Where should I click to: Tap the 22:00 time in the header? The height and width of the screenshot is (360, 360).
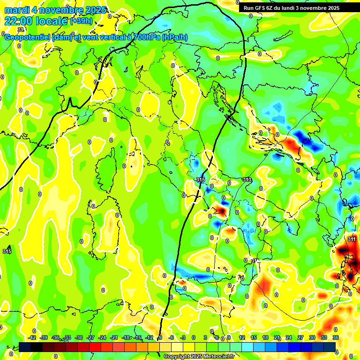coord(19,21)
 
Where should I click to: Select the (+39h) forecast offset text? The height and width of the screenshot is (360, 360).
coord(81,21)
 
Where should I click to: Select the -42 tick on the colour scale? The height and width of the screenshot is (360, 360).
coord(32,338)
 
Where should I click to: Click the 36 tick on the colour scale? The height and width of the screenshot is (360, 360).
coord(336,338)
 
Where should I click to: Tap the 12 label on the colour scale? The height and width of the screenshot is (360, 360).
coord(242,338)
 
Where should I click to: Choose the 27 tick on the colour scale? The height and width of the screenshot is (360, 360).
coord(300,338)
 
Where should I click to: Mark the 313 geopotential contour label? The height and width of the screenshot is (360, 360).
coord(247,180)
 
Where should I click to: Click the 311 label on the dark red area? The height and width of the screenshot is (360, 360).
coord(352,239)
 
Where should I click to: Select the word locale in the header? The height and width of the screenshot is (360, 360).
coord(52,21)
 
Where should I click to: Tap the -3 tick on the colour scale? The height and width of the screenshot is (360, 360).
coord(184,338)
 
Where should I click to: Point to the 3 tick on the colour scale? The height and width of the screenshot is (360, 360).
coord(205,338)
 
